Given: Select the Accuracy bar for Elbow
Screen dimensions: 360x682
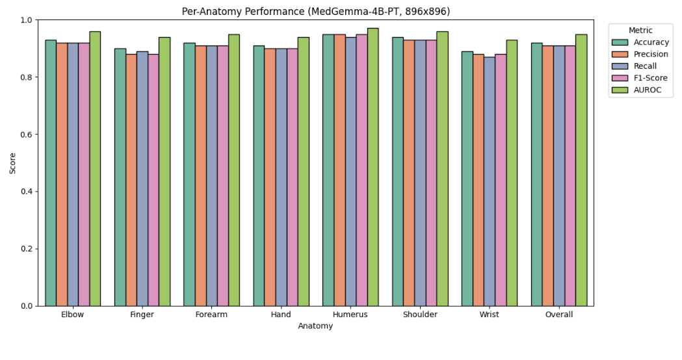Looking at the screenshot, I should click(51, 173).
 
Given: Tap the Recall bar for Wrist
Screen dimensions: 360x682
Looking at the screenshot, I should click(489, 181).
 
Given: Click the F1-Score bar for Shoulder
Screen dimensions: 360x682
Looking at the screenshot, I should click(431, 173).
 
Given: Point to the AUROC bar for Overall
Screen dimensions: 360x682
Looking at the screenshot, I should click(581, 170).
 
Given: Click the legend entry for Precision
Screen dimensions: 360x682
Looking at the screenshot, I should click(650, 55).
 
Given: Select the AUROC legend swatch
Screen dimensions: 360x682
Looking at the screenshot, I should click(620, 90).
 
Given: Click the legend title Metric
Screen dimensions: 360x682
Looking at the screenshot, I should click(640, 31).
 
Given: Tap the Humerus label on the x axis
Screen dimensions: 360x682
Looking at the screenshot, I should click(350, 315).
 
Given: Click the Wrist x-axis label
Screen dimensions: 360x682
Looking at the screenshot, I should click(489, 315).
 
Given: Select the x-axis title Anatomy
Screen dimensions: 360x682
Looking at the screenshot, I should click(315, 326).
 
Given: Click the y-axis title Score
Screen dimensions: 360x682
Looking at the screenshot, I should click(13, 163).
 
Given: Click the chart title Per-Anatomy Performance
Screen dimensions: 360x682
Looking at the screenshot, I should click(315, 11).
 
